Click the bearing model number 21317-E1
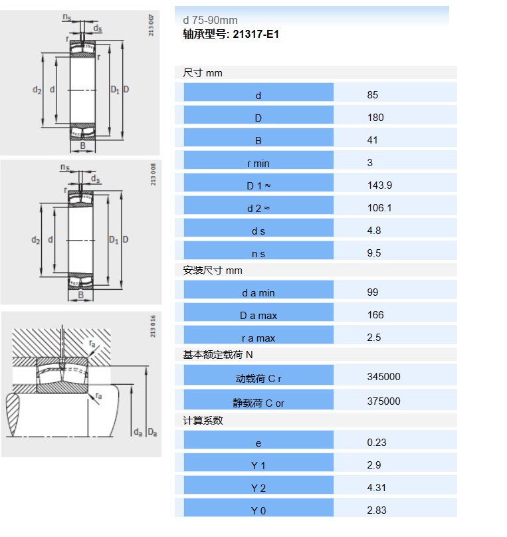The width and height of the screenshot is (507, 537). (x=256, y=35)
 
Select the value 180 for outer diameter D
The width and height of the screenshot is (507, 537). (x=375, y=118)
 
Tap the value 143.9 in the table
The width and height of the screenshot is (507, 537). (x=379, y=185)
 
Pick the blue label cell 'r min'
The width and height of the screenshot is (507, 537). (x=258, y=160)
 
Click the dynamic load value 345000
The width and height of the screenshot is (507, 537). (x=384, y=377)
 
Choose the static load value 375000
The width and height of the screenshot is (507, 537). (x=384, y=401)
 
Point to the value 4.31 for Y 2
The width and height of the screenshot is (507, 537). (x=376, y=488)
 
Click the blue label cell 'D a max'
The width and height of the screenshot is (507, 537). (x=258, y=312)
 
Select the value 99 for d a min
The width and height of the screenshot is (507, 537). (x=373, y=292)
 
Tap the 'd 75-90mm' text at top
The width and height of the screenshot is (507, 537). (x=210, y=20)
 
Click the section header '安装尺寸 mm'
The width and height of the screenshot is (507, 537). (x=212, y=270)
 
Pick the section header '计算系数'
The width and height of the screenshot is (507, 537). (x=203, y=421)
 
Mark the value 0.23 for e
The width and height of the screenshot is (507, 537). (x=377, y=443)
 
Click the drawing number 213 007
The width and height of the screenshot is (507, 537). (x=151, y=25)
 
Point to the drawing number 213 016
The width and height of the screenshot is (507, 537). (x=153, y=326)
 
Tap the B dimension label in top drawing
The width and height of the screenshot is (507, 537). (x=83, y=146)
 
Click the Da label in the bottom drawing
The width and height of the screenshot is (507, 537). (x=152, y=433)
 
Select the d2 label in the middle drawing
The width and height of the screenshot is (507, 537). (x=36, y=240)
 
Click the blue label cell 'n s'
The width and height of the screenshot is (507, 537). (x=258, y=251)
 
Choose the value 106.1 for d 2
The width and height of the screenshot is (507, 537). (x=379, y=208)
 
